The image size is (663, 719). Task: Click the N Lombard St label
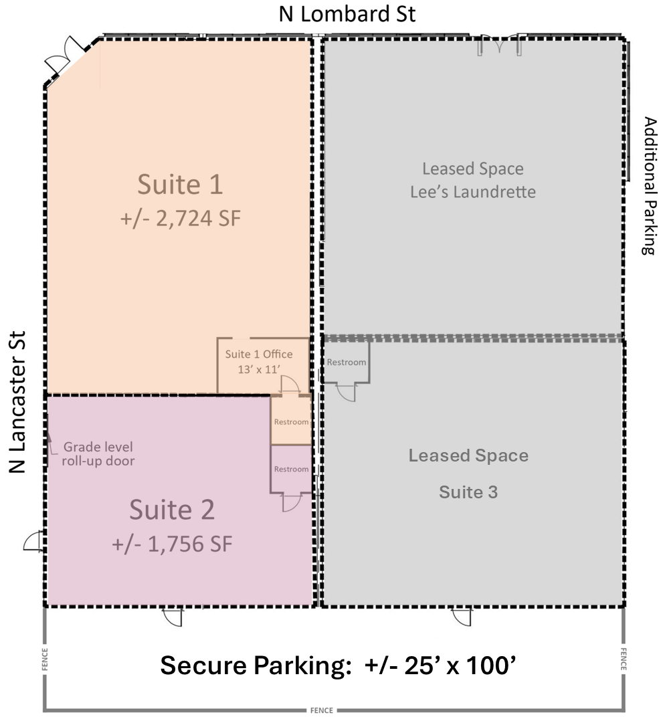coord(347,14)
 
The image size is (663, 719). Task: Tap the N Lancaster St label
coord(17,402)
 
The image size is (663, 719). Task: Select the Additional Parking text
coord(649,186)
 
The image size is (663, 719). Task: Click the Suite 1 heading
coord(181,185)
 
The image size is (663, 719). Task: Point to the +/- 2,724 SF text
coord(181,218)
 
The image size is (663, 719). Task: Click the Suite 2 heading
coord(172,510)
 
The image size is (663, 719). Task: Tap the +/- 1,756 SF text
coord(172,544)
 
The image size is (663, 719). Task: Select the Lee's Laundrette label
coord(473,192)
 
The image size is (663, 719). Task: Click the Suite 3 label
coord(468,492)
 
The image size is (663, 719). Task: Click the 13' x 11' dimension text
coord(259,369)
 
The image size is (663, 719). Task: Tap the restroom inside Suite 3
coord(347,362)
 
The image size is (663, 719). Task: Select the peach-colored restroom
coord(291,421)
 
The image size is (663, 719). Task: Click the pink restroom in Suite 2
coord(291,469)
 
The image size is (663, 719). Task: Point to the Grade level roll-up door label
coord(98,453)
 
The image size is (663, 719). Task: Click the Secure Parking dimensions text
coord(338,665)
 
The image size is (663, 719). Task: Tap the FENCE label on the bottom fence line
coord(322,710)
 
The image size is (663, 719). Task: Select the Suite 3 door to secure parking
coord(461,617)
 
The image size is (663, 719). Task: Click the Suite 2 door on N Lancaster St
coord(33,541)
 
